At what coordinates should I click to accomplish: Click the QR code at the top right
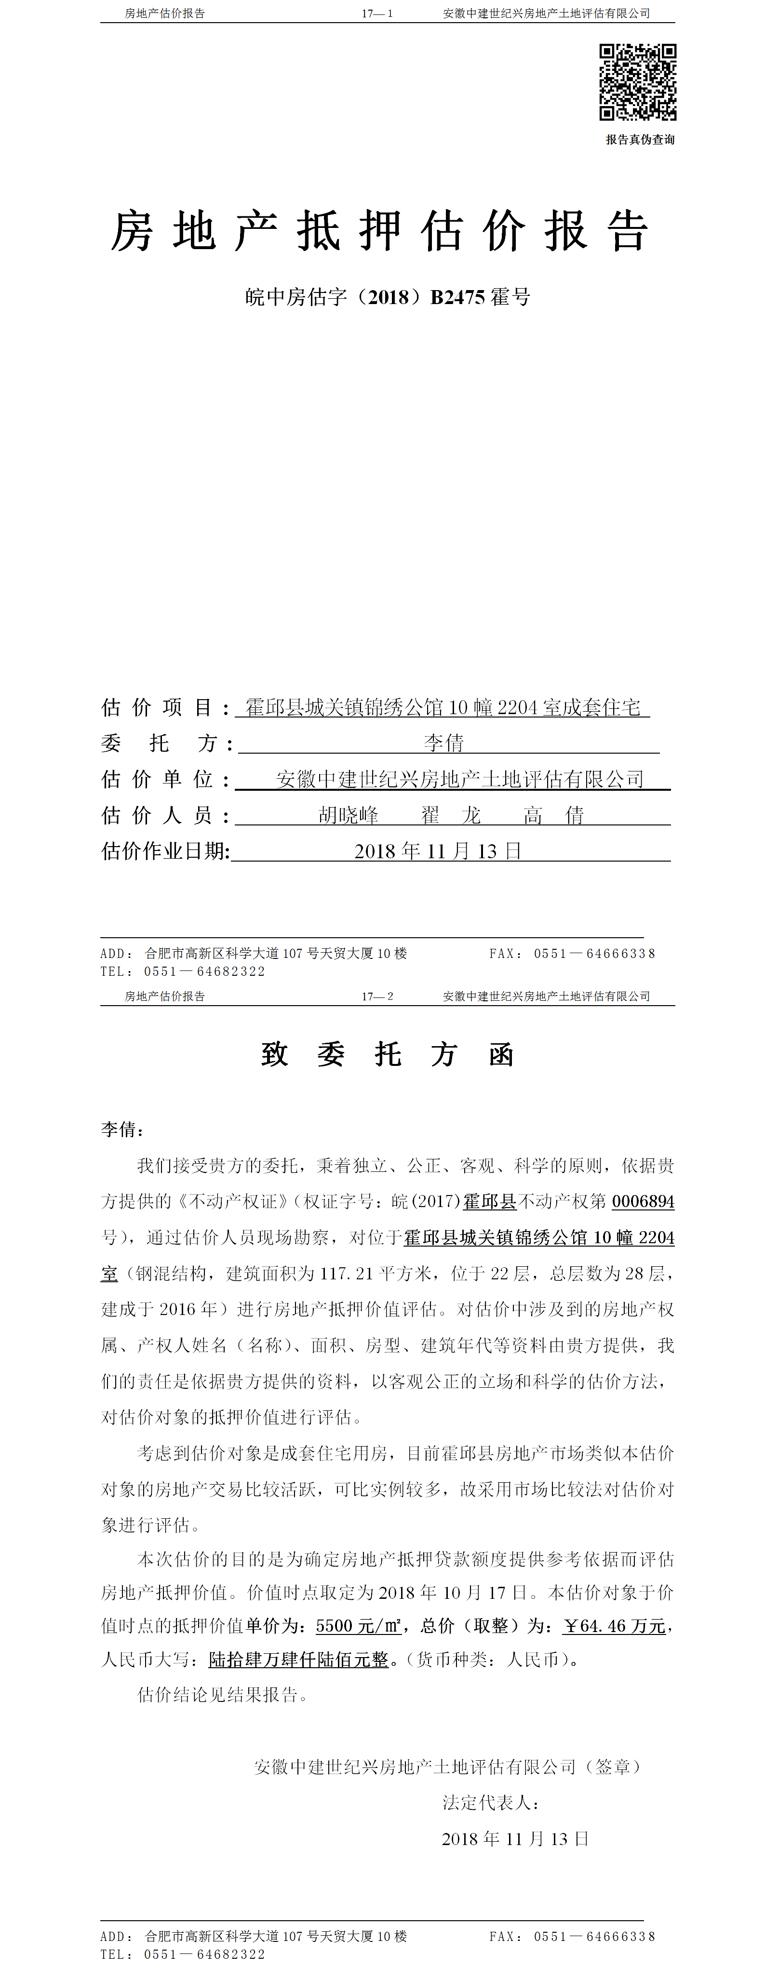[x=637, y=82]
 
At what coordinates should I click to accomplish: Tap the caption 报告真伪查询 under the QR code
[x=640, y=140]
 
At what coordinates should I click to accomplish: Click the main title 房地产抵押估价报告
[x=379, y=230]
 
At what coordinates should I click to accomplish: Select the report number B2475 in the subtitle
[x=458, y=297]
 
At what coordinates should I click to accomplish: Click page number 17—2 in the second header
[x=377, y=996]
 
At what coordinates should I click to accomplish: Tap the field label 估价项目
[x=157, y=707]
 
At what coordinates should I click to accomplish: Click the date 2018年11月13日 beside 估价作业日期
[x=438, y=851]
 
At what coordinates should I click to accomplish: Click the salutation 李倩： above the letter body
[x=122, y=1129]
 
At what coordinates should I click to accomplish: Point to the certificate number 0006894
[x=643, y=1201]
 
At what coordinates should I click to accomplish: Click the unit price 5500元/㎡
[x=358, y=1626]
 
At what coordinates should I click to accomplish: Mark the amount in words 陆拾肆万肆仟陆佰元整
[x=298, y=1659]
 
